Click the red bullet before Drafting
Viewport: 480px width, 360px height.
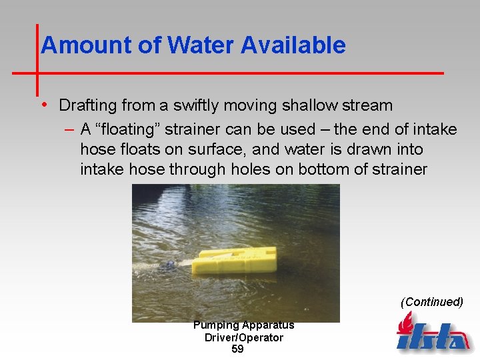coord(43,105)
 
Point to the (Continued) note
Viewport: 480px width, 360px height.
coord(431,302)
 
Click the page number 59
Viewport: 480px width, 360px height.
coord(237,349)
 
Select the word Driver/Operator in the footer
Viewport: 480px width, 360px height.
coord(243,337)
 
